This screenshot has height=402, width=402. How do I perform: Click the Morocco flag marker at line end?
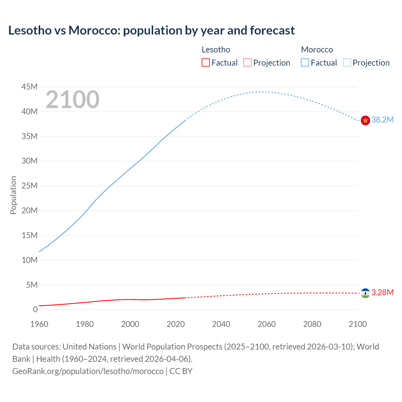click(365, 120)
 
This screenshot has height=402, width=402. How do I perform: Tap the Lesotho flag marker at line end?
click(365, 293)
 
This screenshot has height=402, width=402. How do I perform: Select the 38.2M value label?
click(382, 120)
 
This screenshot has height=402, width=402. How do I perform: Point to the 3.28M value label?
click(382, 293)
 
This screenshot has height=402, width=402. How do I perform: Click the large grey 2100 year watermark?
click(73, 100)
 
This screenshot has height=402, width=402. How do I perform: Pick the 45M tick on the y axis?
click(30, 87)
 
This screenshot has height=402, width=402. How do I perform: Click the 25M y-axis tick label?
click(30, 186)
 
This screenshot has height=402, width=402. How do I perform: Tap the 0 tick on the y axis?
click(35, 310)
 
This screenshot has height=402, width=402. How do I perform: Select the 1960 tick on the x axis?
click(39, 324)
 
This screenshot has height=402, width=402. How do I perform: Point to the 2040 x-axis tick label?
click(221, 324)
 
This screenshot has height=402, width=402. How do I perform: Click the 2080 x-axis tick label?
click(312, 324)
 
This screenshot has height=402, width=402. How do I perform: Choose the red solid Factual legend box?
click(206, 63)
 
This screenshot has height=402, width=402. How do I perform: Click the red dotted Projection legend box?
click(247, 63)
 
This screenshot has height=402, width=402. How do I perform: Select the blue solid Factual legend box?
click(305, 63)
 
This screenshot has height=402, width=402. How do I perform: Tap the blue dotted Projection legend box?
click(347, 63)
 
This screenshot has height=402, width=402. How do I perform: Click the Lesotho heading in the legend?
click(216, 50)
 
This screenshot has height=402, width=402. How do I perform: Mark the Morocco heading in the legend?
click(317, 50)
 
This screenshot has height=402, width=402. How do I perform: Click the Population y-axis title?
click(13, 195)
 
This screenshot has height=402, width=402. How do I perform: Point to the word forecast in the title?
click(272, 30)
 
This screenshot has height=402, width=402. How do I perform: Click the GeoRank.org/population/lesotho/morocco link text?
click(88, 371)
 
